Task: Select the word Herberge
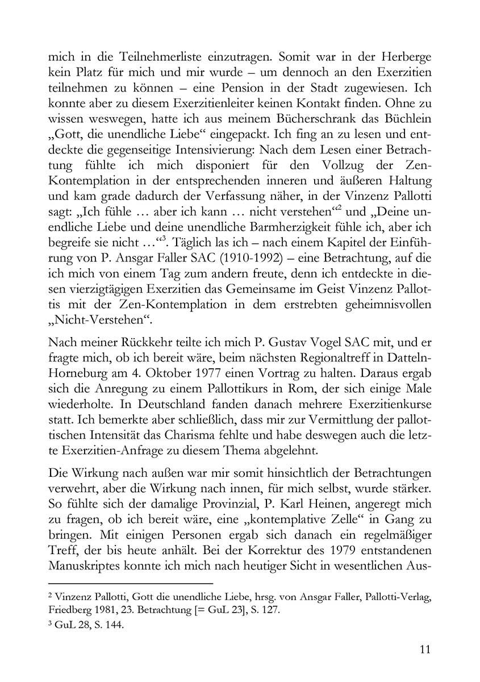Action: pyautogui.click(x=400, y=57)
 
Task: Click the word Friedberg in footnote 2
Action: pyautogui.click(x=71, y=610)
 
